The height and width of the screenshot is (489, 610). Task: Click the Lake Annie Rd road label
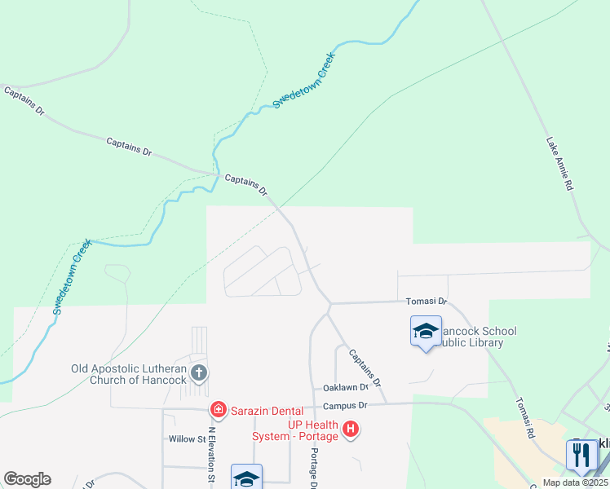tap(559, 164)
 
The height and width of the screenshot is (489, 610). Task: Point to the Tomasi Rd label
tap(524, 417)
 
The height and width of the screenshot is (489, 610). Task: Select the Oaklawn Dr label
tap(346, 388)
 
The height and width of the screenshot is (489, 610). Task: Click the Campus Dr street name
tap(346, 405)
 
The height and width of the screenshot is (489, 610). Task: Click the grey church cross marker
tap(198, 374)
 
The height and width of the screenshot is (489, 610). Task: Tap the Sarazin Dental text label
tap(266, 411)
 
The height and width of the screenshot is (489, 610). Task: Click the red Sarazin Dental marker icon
tap(218, 409)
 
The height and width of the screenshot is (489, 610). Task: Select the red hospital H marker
tap(351, 429)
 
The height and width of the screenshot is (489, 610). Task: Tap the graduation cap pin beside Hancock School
tap(425, 333)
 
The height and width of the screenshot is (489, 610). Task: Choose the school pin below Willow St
tap(246, 477)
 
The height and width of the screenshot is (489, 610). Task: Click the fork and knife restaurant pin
tap(581, 455)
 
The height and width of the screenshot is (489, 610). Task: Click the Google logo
tap(27, 479)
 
